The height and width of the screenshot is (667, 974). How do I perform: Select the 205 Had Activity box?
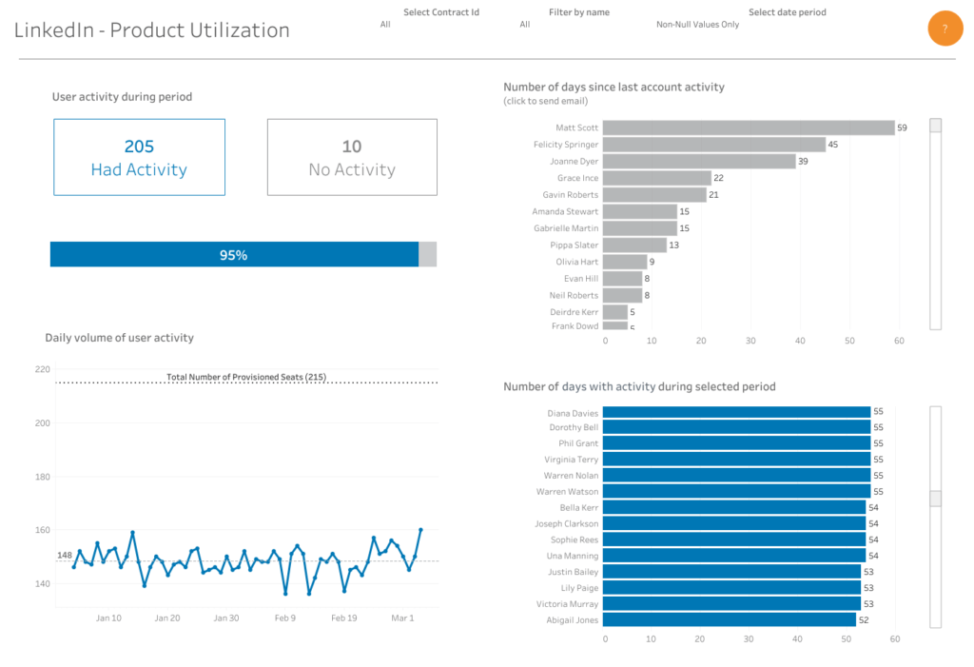coord(139,157)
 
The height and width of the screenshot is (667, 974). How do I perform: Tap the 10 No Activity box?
coord(352,157)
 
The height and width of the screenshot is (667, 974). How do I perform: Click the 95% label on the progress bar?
coord(233,255)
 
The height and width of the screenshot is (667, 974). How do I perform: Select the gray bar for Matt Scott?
coord(748,128)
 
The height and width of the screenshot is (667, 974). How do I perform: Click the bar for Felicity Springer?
coord(713,145)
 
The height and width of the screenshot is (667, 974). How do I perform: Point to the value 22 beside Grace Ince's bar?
coord(719,178)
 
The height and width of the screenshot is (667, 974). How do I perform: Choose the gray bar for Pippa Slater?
coord(634,245)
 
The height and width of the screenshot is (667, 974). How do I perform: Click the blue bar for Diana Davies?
coord(736,413)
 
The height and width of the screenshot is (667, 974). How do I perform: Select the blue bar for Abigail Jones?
coord(729,619)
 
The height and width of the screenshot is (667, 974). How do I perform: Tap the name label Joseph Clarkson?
coord(566,523)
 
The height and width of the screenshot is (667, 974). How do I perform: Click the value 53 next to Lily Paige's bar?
coord(868,588)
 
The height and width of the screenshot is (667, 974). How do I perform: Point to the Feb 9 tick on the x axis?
coord(284,618)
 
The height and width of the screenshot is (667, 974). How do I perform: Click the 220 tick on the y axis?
coord(41,369)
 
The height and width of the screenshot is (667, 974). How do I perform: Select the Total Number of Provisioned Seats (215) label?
coord(246,377)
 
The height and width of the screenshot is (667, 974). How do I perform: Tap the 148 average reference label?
coord(65,555)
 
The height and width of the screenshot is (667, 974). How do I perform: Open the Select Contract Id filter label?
coord(441,12)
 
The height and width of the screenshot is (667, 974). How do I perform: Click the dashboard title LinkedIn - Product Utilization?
coord(152,30)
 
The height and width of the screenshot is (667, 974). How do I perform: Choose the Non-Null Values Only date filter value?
coord(697,25)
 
